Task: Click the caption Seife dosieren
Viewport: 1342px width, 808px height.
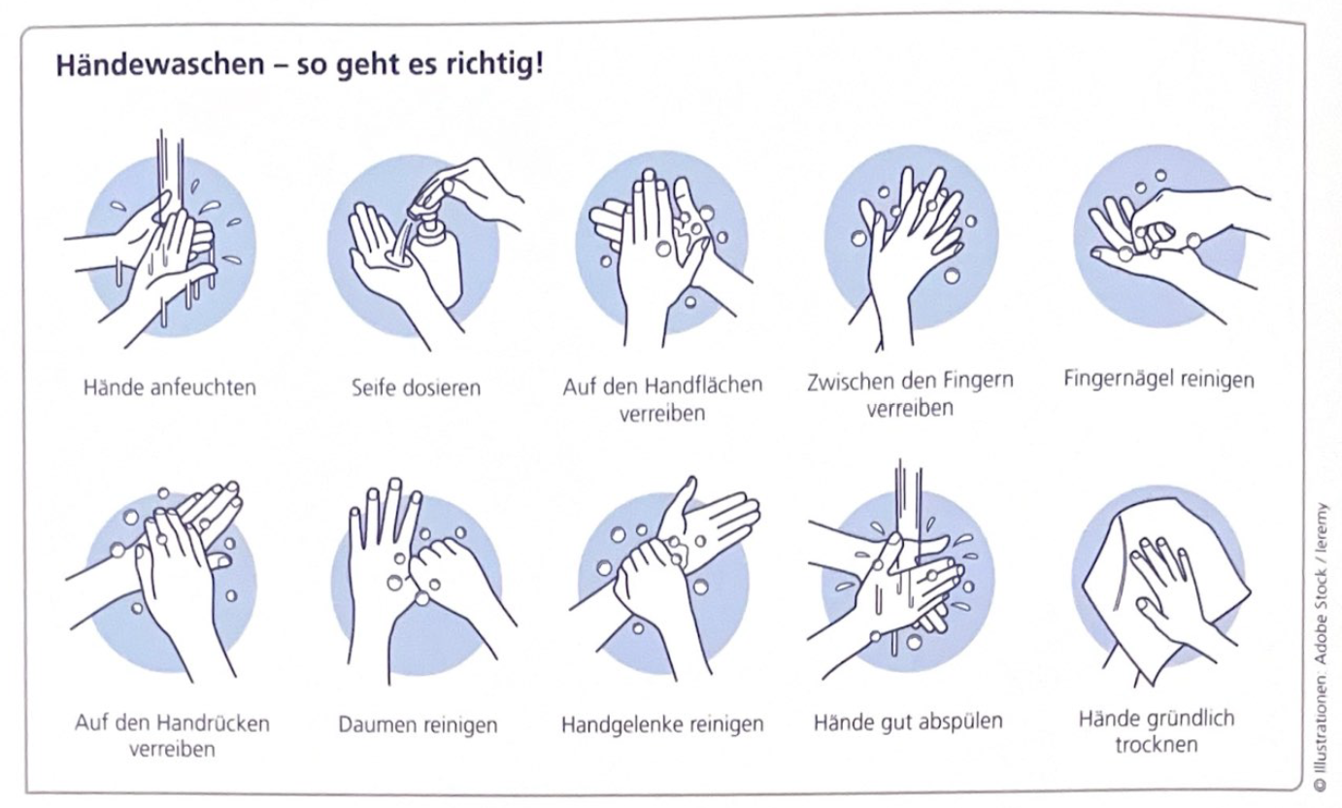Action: [x=416, y=387]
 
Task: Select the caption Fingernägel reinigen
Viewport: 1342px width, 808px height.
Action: [x=1158, y=379]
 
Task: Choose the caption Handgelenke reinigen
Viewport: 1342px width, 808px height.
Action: [x=662, y=724]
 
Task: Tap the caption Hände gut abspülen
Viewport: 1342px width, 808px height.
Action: [x=908, y=722]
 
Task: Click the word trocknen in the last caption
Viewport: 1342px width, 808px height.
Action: [x=1156, y=745]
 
